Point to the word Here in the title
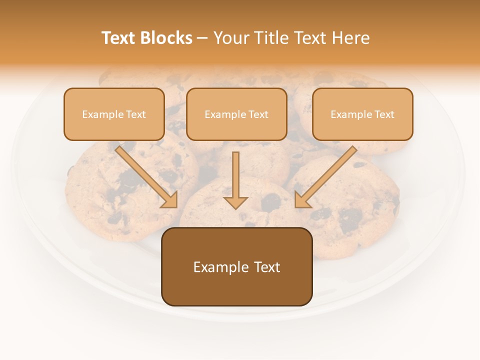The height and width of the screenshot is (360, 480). point(351,38)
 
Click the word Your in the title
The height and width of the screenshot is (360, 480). point(232,38)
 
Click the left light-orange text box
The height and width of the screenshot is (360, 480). point(114,114)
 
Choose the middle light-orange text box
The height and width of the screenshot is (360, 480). point(236,114)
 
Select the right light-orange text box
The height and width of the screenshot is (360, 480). point(362,114)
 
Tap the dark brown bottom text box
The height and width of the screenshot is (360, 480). point(236,267)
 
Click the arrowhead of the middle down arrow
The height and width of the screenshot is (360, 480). point(235,202)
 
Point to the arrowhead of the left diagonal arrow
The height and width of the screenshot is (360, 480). point(170,201)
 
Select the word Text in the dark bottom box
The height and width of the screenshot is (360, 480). point(266,267)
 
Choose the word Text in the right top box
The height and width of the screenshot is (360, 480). point(384,114)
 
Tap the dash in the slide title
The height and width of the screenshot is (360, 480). point(202,38)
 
